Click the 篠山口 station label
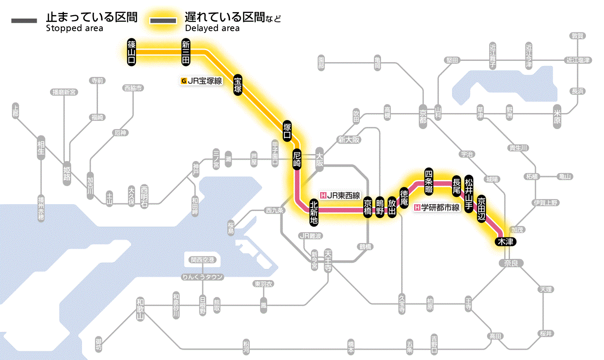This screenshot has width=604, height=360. point(132,52)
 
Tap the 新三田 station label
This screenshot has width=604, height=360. point(186,52)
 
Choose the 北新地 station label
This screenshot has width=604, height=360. point(314,212)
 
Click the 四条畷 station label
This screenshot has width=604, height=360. point(428,180)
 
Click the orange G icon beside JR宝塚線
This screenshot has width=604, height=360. point(184,80)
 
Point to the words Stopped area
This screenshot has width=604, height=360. point(74,28)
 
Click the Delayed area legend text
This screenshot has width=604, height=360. point(212,28)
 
